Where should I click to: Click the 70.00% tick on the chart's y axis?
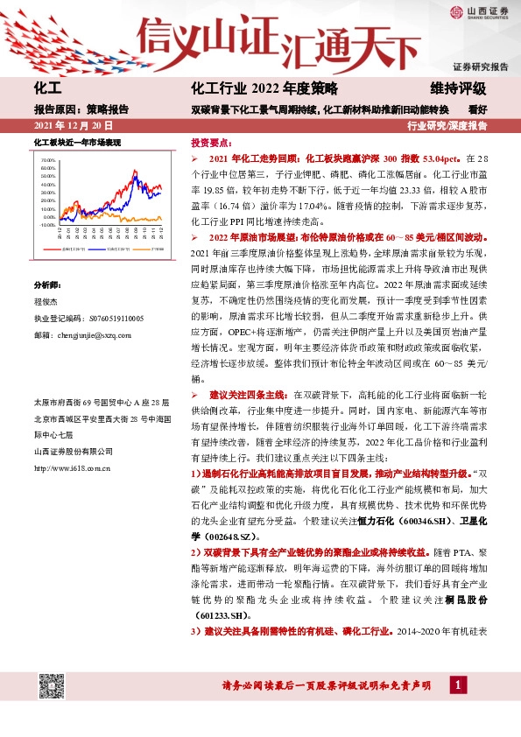(x=47, y=161)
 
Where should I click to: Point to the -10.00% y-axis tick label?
(x=46, y=225)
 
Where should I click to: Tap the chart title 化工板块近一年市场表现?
(x=76, y=142)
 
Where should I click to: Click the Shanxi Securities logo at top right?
(x=477, y=12)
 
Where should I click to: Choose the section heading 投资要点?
(x=211, y=142)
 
